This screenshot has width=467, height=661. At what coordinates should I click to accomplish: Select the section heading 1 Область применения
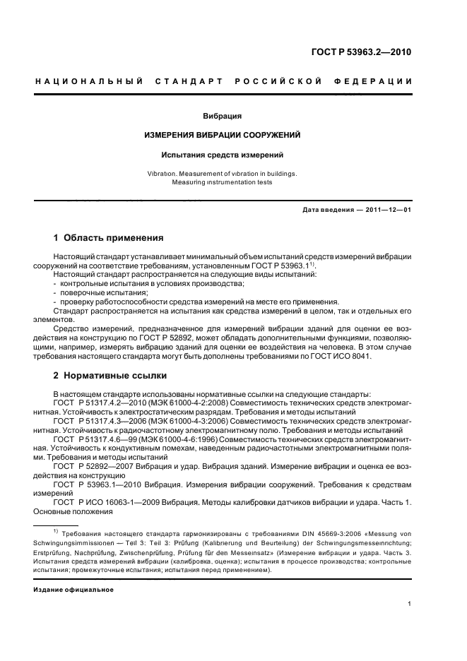(109, 238)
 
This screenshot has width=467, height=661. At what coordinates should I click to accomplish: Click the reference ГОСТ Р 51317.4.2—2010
(98, 403)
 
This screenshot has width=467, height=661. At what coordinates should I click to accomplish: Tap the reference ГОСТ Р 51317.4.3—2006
(98, 420)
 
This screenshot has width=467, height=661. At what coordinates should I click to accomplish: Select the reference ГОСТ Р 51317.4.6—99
(95, 439)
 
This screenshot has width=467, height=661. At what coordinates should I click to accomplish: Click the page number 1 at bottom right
(410, 604)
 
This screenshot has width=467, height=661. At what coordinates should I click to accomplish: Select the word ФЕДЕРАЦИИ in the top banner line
(382, 82)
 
